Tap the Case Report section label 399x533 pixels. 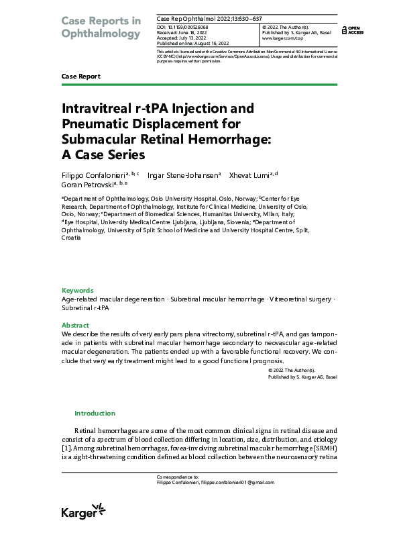pos(80,77)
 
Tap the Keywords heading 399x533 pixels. pos(77,290)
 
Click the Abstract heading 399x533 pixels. pos(75,325)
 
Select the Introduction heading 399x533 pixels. pos(95,414)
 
